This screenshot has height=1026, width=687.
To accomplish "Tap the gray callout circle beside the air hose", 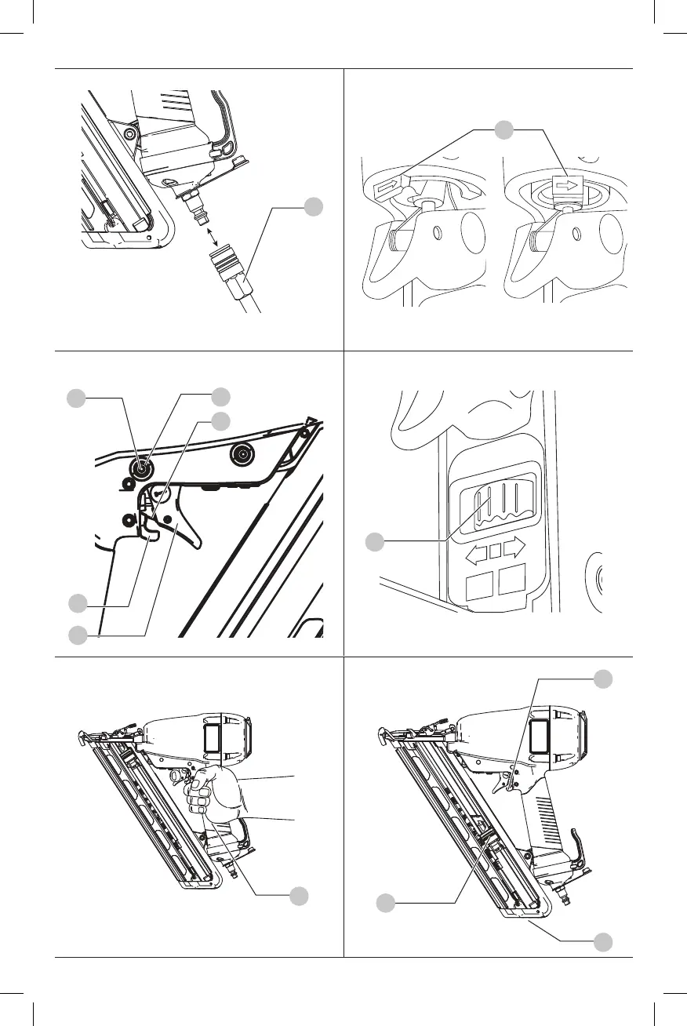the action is [x=314, y=207].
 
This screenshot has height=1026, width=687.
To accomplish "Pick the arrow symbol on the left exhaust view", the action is [x=388, y=187].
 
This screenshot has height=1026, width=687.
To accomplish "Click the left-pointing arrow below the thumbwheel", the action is [x=475, y=552].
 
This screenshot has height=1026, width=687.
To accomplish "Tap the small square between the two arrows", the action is [x=494, y=552].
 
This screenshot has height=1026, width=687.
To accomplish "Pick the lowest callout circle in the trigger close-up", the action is [x=77, y=635].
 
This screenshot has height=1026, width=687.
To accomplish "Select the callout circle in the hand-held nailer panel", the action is [x=297, y=895].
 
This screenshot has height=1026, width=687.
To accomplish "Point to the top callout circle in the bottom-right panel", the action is [x=602, y=679].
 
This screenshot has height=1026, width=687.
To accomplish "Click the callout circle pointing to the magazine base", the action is [x=602, y=940].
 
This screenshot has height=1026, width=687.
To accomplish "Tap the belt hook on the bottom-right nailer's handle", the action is [x=580, y=843].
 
